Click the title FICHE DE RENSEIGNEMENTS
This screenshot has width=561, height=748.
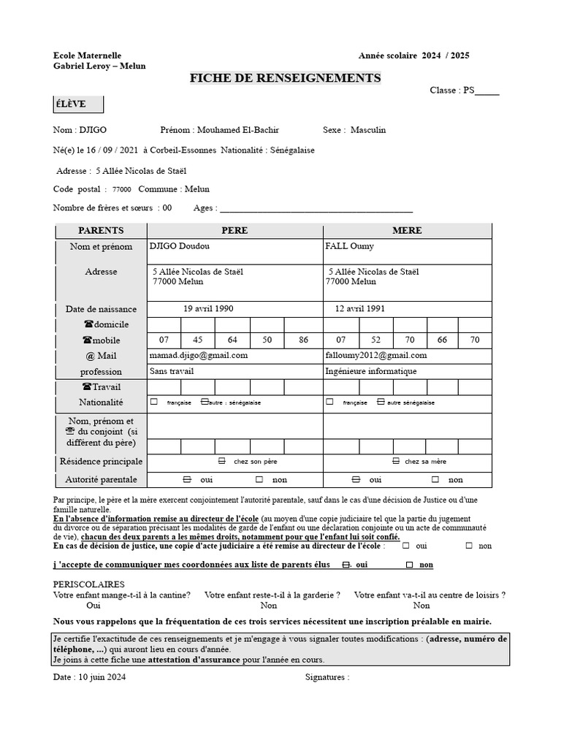pyautogui.click(x=285, y=77)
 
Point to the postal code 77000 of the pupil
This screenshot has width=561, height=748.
pyautogui.click(x=122, y=189)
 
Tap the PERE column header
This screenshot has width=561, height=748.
pyautogui.click(x=234, y=230)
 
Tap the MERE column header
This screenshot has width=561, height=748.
pyautogui.click(x=407, y=230)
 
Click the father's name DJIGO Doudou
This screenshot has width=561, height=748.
pyautogui.click(x=179, y=247)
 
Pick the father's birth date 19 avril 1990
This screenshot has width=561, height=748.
pyautogui.click(x=208, y=309)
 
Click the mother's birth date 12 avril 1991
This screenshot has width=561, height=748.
pyautogui.click(x=359, y=309)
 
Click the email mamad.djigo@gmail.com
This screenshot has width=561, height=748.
pyautogui.click(x=199, y=356)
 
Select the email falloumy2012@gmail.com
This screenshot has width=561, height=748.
pyautogui.click(x=375, y=356)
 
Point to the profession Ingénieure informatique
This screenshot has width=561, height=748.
pyautogui.click(x=371, y=371)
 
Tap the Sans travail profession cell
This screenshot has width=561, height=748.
pyautogui.click(x=172, y=371)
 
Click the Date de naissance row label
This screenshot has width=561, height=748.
pyautogui.click(x=101, y=309)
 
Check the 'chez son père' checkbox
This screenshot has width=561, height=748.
pyautogui.click(x=222, y=462)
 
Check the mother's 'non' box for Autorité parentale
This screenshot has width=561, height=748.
pyautogui.click(x=435, y=480)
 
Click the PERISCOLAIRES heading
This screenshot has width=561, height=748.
pyautogui.click(x=89, y=584)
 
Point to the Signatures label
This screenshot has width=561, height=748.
pyautogui.click(x=327, y=677)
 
